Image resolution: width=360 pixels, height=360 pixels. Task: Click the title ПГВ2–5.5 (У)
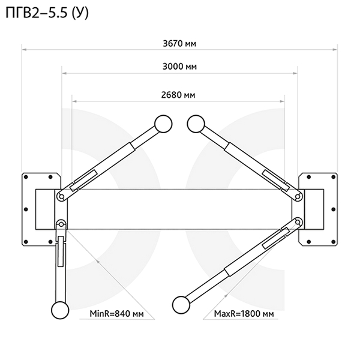47,13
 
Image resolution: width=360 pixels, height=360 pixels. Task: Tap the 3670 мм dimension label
179,43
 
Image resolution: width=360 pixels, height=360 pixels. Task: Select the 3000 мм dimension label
179,67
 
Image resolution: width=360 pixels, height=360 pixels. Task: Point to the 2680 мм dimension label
178,95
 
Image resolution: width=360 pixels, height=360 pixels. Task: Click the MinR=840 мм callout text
116,313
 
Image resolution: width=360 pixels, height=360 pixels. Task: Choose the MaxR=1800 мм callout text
244,313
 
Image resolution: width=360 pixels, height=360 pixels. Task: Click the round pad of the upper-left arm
163,124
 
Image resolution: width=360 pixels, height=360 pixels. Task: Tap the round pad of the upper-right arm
196,124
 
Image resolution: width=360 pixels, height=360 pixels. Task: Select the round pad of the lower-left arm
60,310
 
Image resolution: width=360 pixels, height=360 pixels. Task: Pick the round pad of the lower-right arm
181,305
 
